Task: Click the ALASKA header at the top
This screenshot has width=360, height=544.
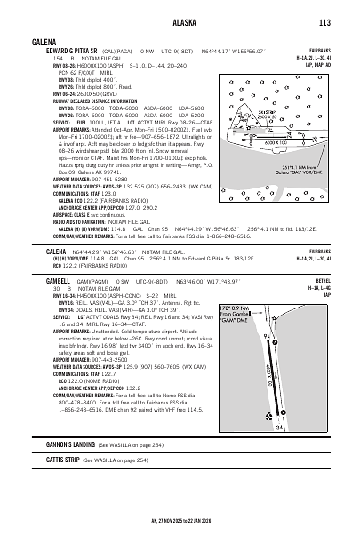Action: coord(181,22)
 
